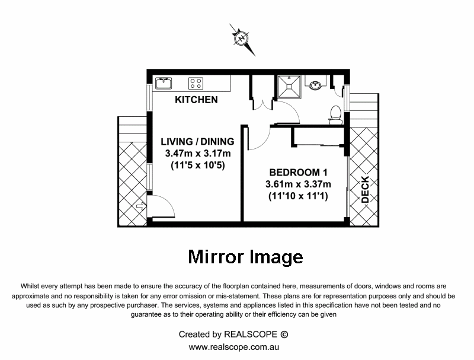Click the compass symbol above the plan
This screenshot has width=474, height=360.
click(x=242, y=37)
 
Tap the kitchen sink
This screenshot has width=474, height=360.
click(x=162, y=82)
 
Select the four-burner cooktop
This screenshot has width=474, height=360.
click(x=196, y=83)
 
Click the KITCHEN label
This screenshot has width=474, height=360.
click(x=196, y=100)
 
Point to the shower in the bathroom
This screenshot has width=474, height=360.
click(x=292, y=88)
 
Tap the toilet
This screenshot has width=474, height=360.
click(x=335, y=113)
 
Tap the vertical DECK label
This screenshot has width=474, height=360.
click(x=365, y=190)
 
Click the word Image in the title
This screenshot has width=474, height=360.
click(x=276, y=257)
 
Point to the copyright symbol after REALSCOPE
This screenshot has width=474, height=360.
click(x=284, y=334)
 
